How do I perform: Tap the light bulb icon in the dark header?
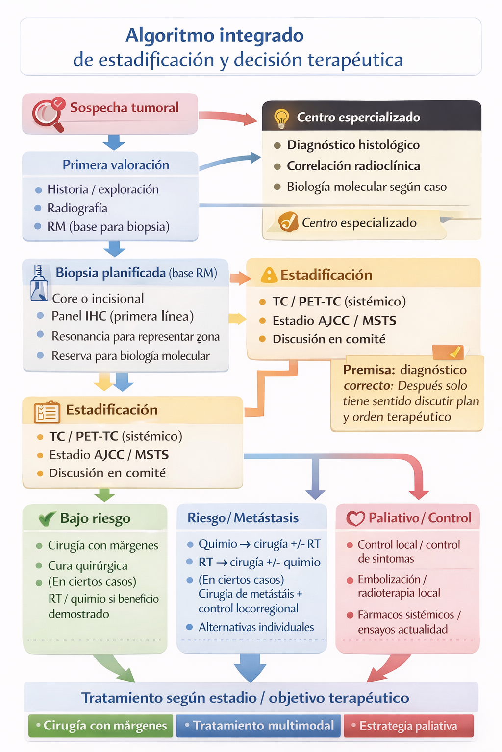(x=281, y=118)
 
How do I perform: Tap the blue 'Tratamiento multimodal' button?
(x=259, y=726)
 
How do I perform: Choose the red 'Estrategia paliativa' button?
(x=408, y=726)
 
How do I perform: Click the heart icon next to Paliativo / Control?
(x=355, y=518)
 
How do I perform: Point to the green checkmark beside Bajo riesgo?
(x=47, y=518)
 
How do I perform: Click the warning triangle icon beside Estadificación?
(x=269, y=275)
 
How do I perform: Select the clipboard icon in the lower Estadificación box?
(x=47, y=412)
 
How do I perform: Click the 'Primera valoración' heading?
(x=116, y=165)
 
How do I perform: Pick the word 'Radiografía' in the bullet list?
(x=77, y=208)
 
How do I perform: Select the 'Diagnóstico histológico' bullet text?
(x=353, y=145)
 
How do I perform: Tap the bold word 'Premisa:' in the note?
(x=369, y=370)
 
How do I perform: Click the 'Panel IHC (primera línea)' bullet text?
(x=123, y=316)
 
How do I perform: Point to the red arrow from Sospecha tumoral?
(x=227, y=117)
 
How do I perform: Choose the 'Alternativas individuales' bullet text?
(x=256, y=627)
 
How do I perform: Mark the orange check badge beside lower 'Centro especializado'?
(x=288, y=222)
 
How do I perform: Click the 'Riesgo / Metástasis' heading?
(x=243, y=518)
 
